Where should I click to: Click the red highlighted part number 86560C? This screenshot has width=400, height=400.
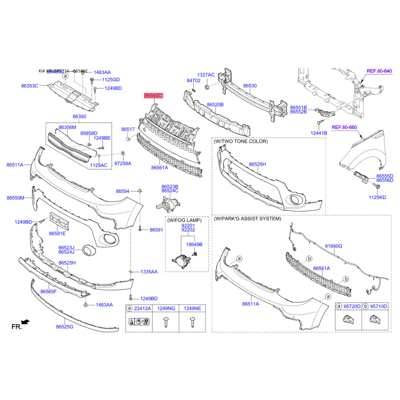point(153,95)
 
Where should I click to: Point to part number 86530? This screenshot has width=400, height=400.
point(250,86)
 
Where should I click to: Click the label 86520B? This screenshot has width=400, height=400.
point(215,105)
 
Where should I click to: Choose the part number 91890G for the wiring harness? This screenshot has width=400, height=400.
point(333,246)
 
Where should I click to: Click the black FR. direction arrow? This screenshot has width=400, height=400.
point(26,322)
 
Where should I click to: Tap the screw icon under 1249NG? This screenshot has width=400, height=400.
point(166,322)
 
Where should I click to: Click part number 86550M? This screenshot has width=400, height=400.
point(15,198)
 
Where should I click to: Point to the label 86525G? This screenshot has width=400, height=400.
point(64,327)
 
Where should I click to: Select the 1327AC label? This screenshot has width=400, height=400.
point(205,74)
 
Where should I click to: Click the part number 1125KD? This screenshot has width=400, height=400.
point(377,197)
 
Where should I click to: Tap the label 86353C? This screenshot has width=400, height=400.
point(29,86)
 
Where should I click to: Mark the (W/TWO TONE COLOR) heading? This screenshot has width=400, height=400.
point(241,141)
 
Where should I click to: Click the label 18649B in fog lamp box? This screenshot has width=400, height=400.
point(194,244)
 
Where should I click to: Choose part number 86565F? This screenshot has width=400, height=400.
point(48,291)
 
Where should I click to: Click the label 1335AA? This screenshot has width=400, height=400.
point(148,272)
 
